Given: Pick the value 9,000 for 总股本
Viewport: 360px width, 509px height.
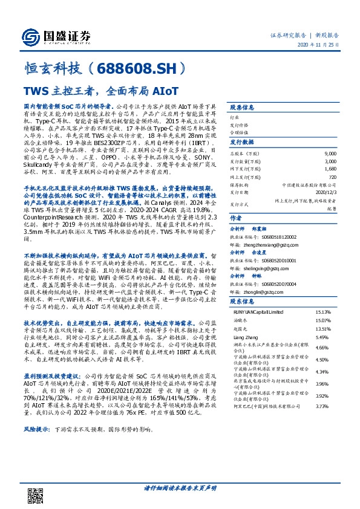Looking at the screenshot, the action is coord(331,155).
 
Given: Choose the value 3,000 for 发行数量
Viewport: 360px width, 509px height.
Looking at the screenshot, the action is coord(331,161).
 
